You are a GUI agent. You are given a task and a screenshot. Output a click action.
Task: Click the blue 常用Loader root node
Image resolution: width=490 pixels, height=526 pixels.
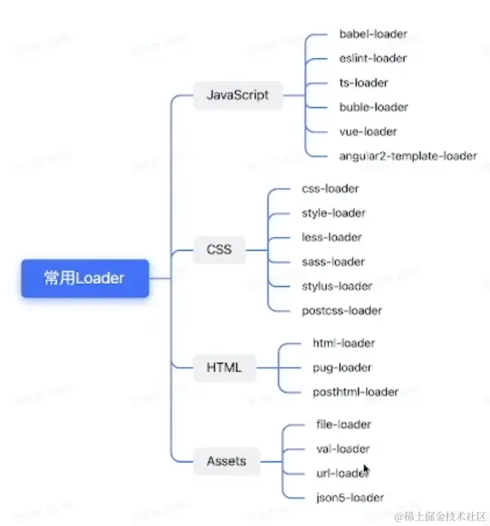84,278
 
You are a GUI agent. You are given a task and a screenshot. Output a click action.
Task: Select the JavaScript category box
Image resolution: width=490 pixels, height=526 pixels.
238,95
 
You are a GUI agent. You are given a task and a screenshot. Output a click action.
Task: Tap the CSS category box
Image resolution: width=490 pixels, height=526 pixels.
219,249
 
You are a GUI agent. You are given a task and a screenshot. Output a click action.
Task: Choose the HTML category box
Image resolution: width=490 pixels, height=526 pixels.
224,367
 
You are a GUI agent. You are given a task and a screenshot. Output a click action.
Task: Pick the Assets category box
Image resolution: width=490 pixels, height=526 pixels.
226,461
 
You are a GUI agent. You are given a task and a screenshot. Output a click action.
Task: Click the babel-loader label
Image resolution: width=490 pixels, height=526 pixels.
373,34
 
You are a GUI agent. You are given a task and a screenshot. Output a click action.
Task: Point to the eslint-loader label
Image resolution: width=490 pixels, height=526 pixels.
373,58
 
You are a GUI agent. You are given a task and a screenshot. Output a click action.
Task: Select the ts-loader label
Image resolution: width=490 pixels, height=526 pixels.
364,83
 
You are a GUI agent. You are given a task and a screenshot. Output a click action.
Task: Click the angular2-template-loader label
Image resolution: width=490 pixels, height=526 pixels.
408,156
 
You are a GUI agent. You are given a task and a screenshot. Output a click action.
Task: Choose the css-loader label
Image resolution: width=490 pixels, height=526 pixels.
331,188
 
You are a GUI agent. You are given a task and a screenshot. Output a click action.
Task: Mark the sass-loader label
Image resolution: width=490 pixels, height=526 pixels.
333,262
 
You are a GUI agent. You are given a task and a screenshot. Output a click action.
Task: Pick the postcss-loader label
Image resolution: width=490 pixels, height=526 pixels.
341,311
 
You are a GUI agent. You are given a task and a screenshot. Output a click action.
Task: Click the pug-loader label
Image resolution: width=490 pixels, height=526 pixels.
342,367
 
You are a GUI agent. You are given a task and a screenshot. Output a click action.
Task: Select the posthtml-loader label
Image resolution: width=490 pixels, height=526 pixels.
355,392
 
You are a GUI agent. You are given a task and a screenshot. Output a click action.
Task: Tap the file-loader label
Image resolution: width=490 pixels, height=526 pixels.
344,425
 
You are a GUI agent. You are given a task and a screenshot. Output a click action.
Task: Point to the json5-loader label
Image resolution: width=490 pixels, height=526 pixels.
350,497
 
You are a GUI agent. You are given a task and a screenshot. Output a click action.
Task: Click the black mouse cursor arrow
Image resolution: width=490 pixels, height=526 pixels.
366,469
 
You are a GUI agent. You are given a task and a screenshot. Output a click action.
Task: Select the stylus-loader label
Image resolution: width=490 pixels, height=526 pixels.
337,286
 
